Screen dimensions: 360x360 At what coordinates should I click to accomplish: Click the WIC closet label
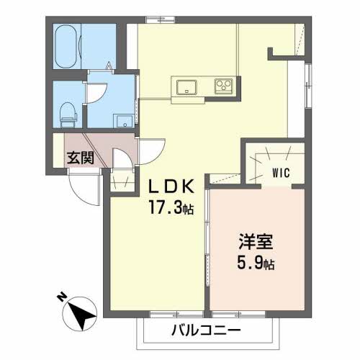[282, 172]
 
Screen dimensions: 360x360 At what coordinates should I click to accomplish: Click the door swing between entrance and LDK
[153, 150]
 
